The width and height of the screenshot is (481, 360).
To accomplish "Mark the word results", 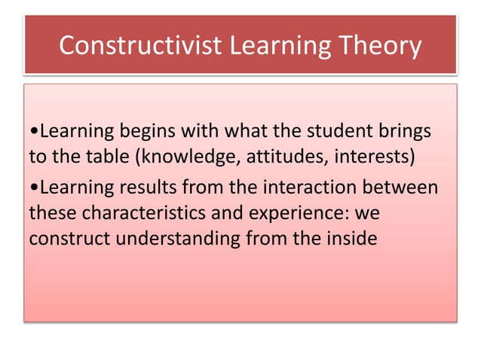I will click(x=146, y=186).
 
